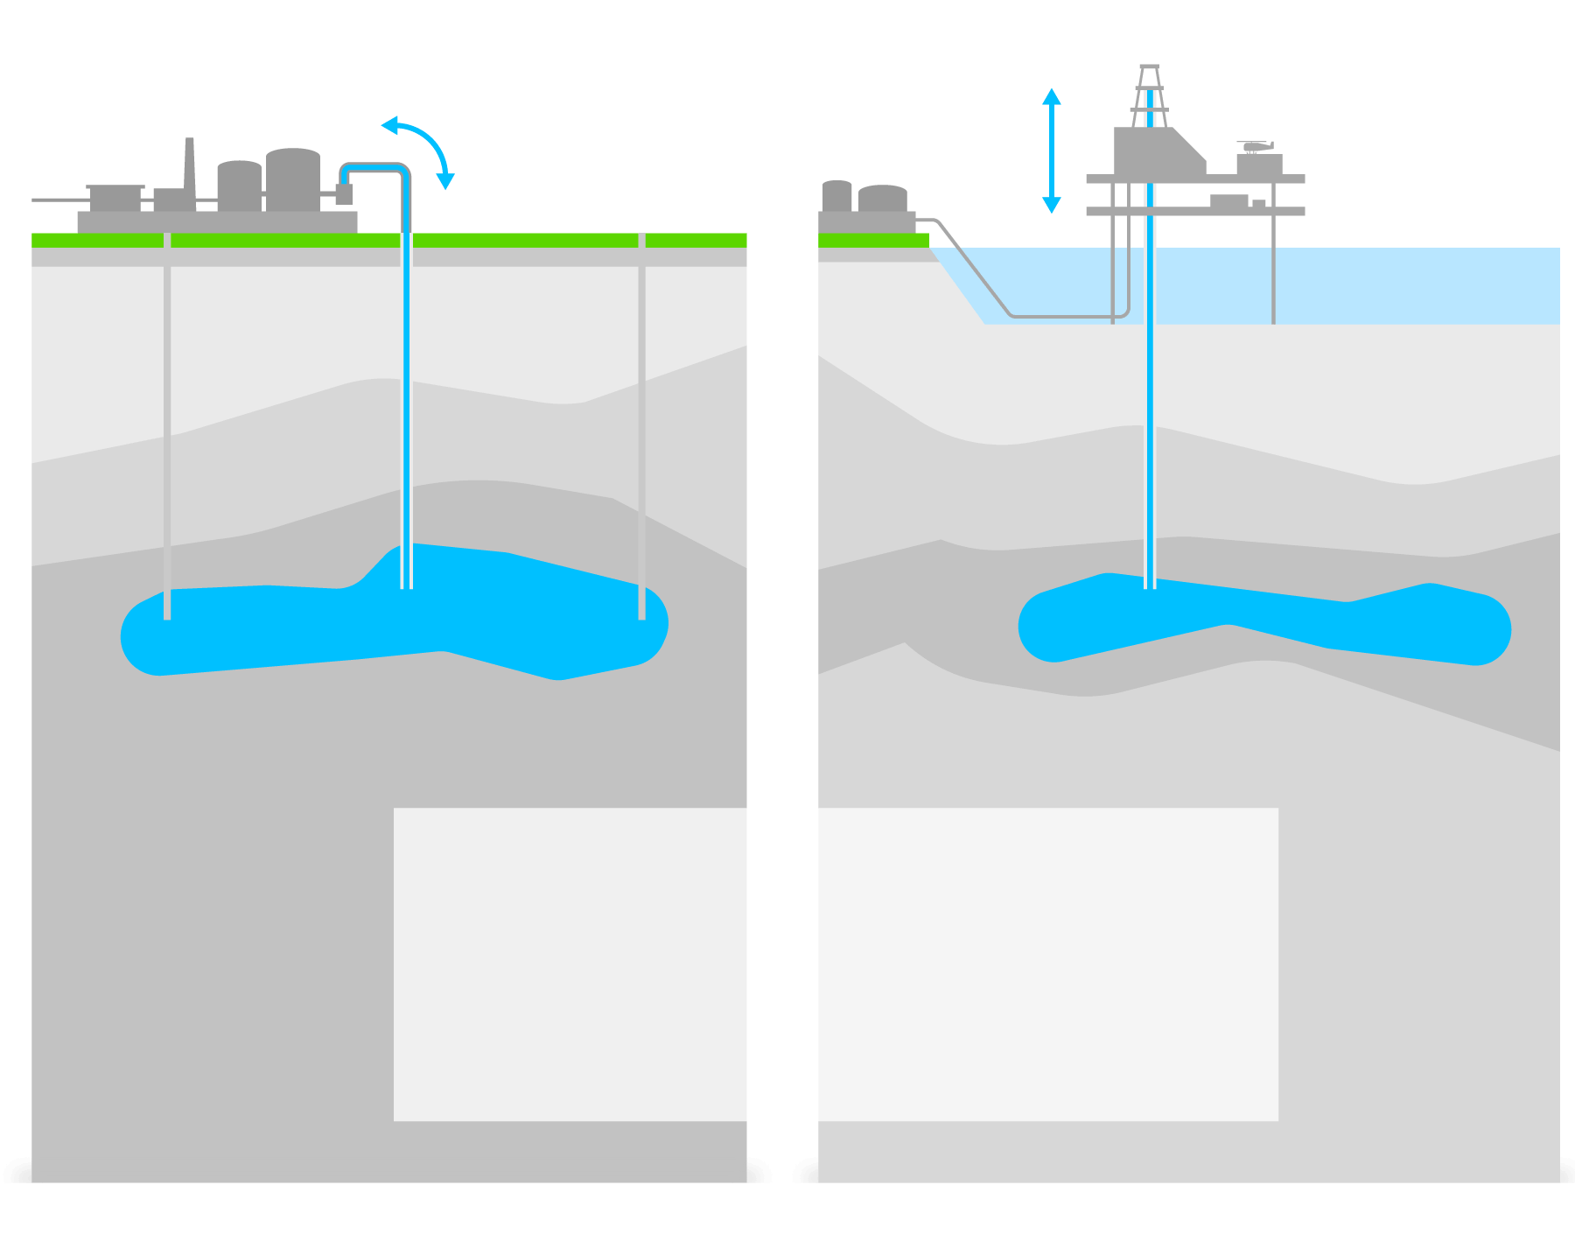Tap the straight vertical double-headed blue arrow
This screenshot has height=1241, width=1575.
[x=1052, y=151]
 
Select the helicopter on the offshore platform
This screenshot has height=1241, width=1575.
[x=1256, y=146]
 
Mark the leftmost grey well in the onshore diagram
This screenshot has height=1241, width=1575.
[x=167, y=420]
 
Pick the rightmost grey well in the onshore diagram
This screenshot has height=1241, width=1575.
[x=641, y=420]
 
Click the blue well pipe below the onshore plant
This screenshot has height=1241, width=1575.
[x=407, y=394]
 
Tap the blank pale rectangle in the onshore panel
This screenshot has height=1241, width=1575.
[x=570, y=964]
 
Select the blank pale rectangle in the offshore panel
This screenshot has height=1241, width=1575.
[x=1048, y=964]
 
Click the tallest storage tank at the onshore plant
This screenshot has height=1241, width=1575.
[x=293, y=180]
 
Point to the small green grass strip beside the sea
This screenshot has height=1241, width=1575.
[x=873, y=241]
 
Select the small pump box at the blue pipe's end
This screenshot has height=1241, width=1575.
[x=344, y=194]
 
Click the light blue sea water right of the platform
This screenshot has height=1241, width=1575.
[x=1417, y=285]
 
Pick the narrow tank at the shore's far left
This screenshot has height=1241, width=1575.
[x=836, y=196]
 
